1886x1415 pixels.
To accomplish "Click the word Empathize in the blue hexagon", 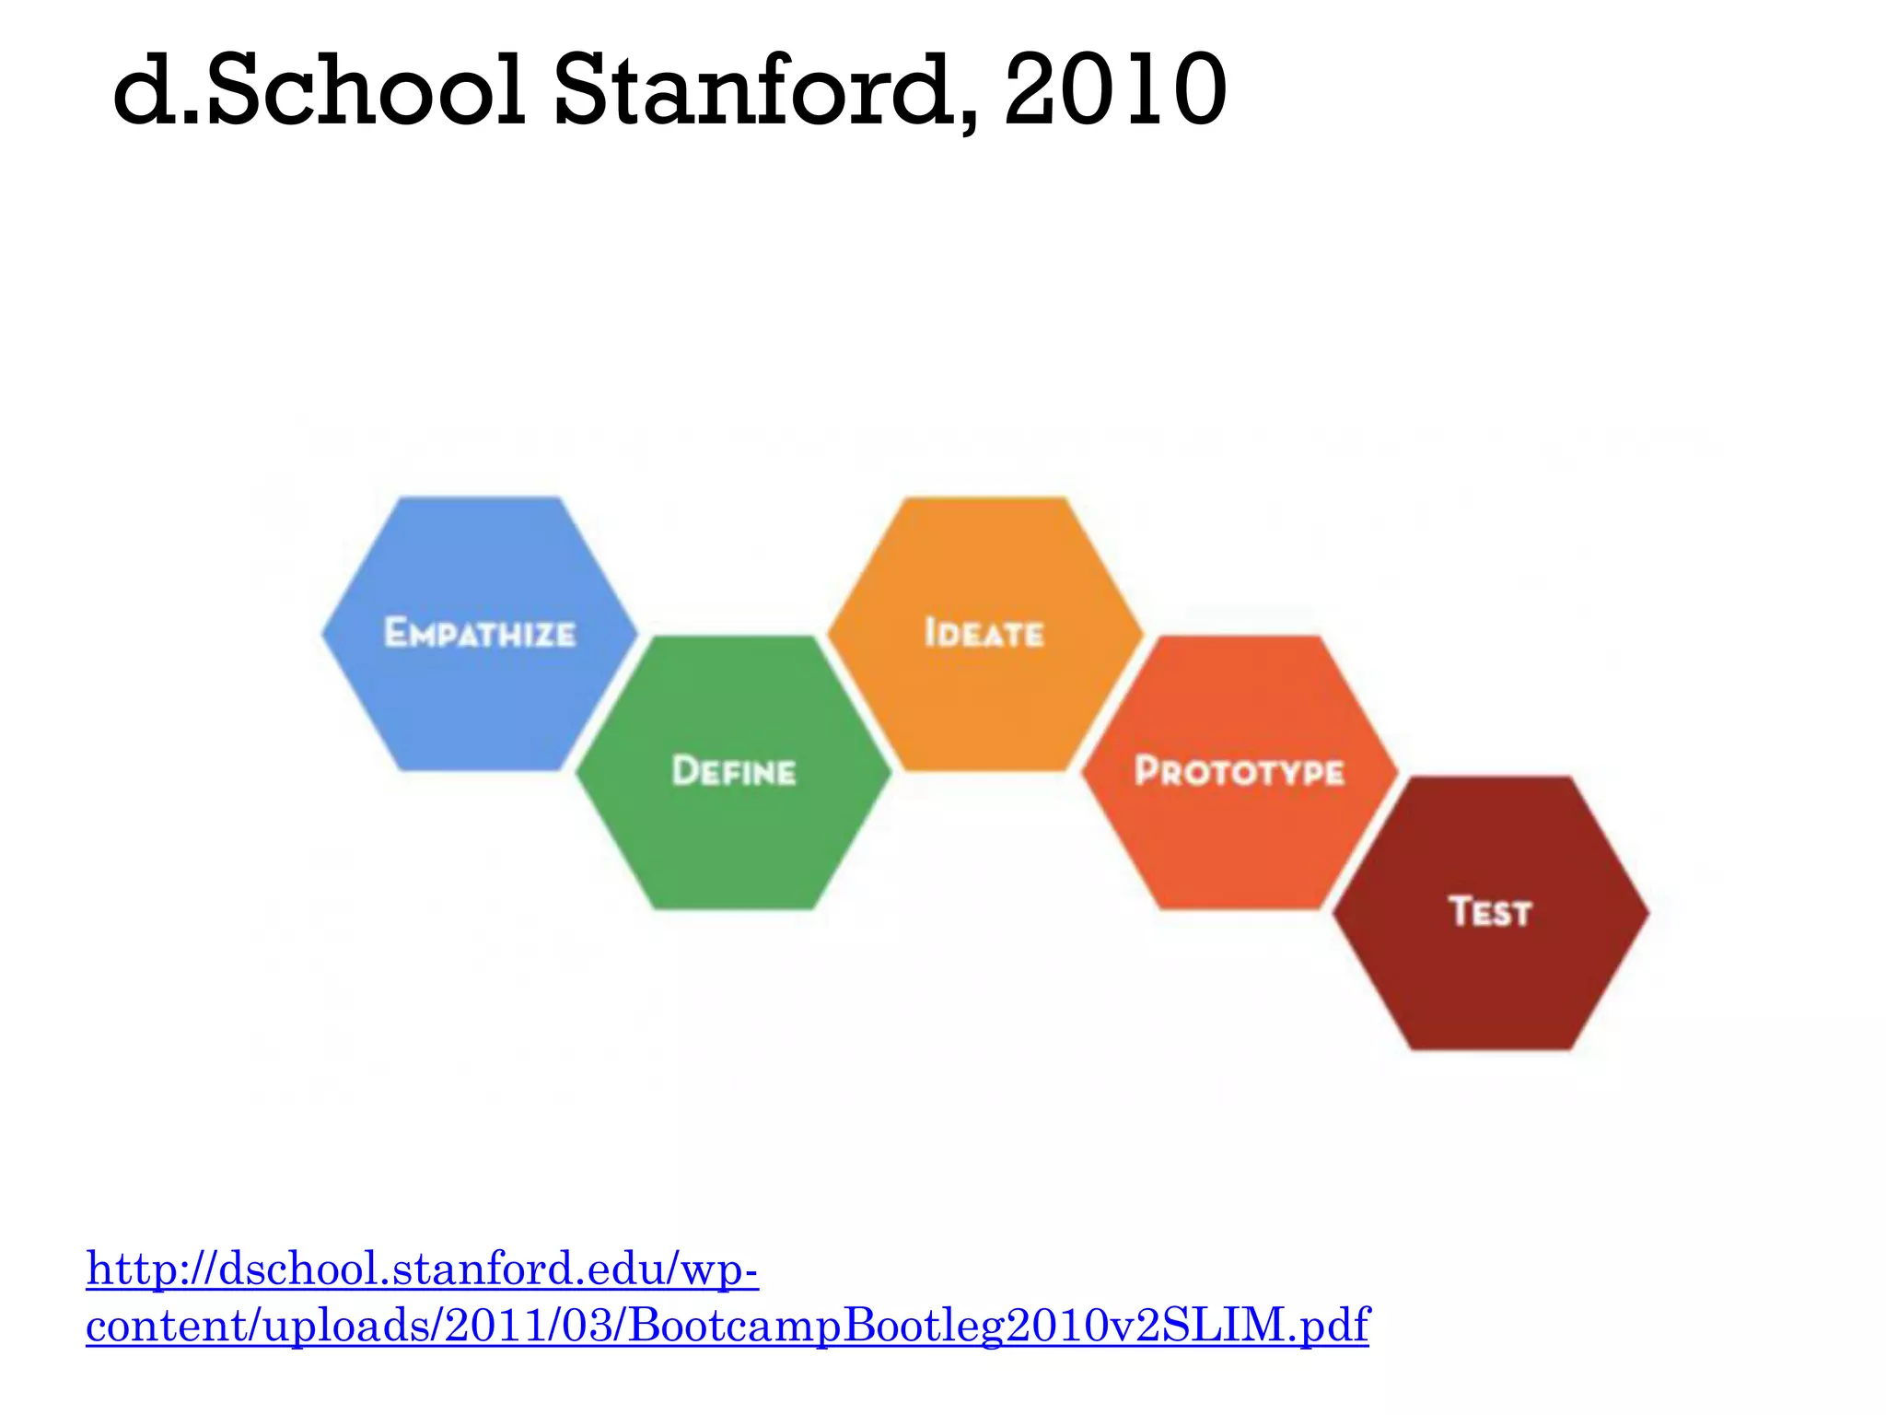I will pos(480,634).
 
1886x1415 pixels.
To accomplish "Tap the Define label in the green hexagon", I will pos(734,772).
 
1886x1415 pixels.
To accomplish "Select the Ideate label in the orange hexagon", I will pos(984,634).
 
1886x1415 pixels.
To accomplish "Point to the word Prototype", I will pos(1240,772).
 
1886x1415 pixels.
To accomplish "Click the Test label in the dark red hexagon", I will pos(1490,912).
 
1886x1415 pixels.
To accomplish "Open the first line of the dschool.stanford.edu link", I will pos(423,1269).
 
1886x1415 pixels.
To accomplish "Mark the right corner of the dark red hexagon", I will pos(1647,912).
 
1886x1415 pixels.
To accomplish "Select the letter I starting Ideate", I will pos(929,633).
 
